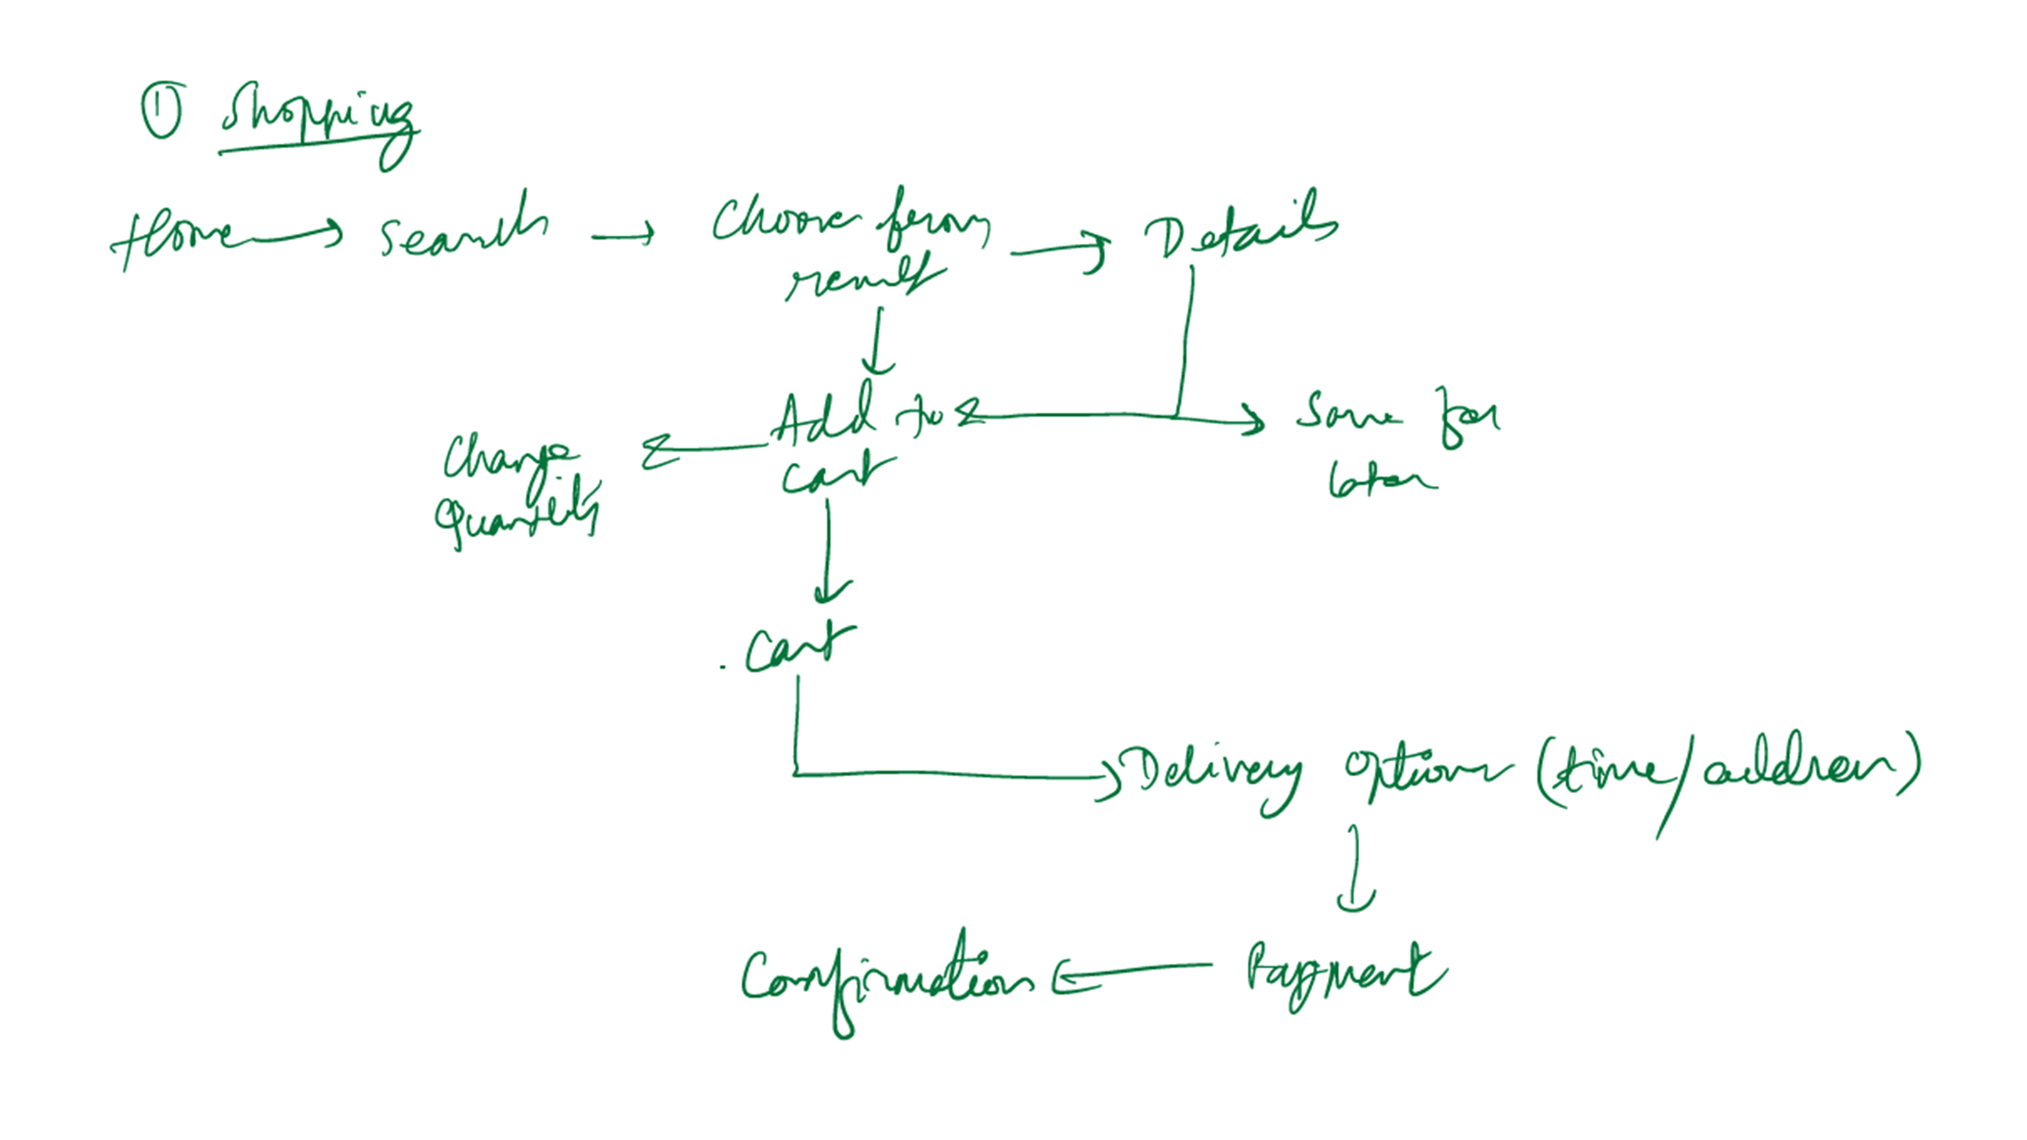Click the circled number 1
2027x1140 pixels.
[x=163, y=110]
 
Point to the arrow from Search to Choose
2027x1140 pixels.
[x=622, y=234]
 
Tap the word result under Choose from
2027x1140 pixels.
[x=861, y=279]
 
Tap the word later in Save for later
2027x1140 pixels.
[x=1380, y=480]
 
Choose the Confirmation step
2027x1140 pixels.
[x=885, y=980]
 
